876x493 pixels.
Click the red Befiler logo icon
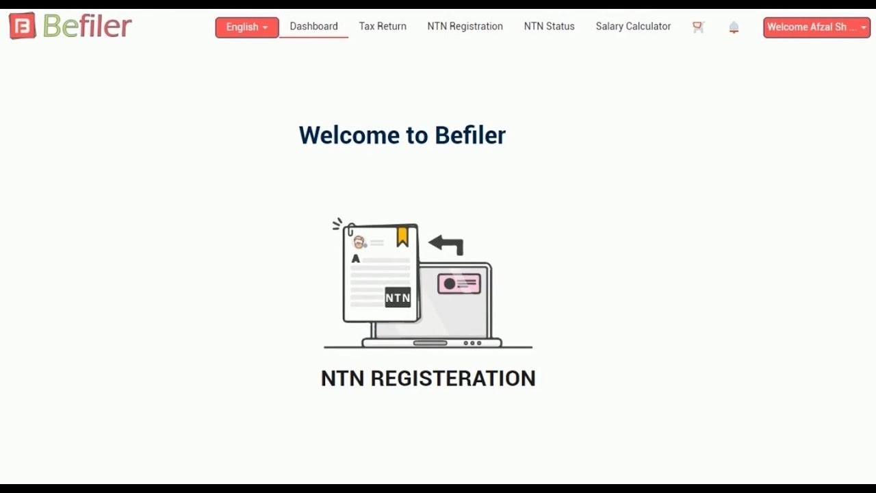[x=23, y=27]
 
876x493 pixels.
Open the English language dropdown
[x=247, y=27]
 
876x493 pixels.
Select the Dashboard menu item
[x=313, y=27]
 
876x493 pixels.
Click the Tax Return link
[x=383, y=27]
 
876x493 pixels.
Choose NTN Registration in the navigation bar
[x=465, y=27]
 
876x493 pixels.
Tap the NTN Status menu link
[x=549, y=27]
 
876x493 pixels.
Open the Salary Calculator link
[x=633, y=27]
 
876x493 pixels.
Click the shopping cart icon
[x=698, y=27]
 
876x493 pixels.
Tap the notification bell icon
[x=734, y=27]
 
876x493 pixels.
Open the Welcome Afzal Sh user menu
[x=816, y=27]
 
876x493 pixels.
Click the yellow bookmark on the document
[x=402, y=236]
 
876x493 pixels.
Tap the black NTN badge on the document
[x=398, y=297]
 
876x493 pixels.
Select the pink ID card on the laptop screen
[x=459, y=283]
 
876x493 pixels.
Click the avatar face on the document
[x=359, y=242]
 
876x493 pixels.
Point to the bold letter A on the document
[x=355, y=259]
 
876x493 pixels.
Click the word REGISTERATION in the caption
[x=453, y=379]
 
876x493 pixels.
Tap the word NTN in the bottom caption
[x=342, y=379]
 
